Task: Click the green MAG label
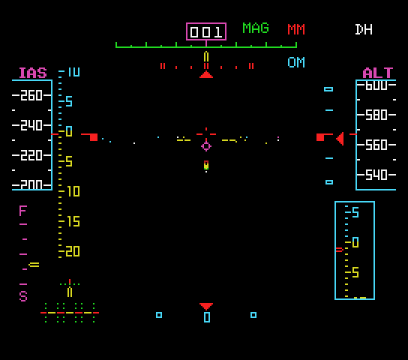[256, 28]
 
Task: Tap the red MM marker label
[296, 29]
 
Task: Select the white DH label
[364, 29]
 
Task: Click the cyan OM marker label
[296, 62]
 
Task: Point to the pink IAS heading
[33, 73]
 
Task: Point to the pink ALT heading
[378, 73]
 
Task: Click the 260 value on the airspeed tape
[31, 95]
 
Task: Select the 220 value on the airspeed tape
[31, 155]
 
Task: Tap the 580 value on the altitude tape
[376, 115]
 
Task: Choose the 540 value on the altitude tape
[376, 175]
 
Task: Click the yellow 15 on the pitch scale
[73, 221]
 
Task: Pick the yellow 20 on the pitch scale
[73, 251]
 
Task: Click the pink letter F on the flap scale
[23, 211]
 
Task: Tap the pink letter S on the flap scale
[23, 296]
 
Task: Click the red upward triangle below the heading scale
[206, 75]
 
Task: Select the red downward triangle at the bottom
[206, 307]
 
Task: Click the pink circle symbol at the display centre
[206, 146]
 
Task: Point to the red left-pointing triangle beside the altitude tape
[340, 139]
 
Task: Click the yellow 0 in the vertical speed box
[355, 242]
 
